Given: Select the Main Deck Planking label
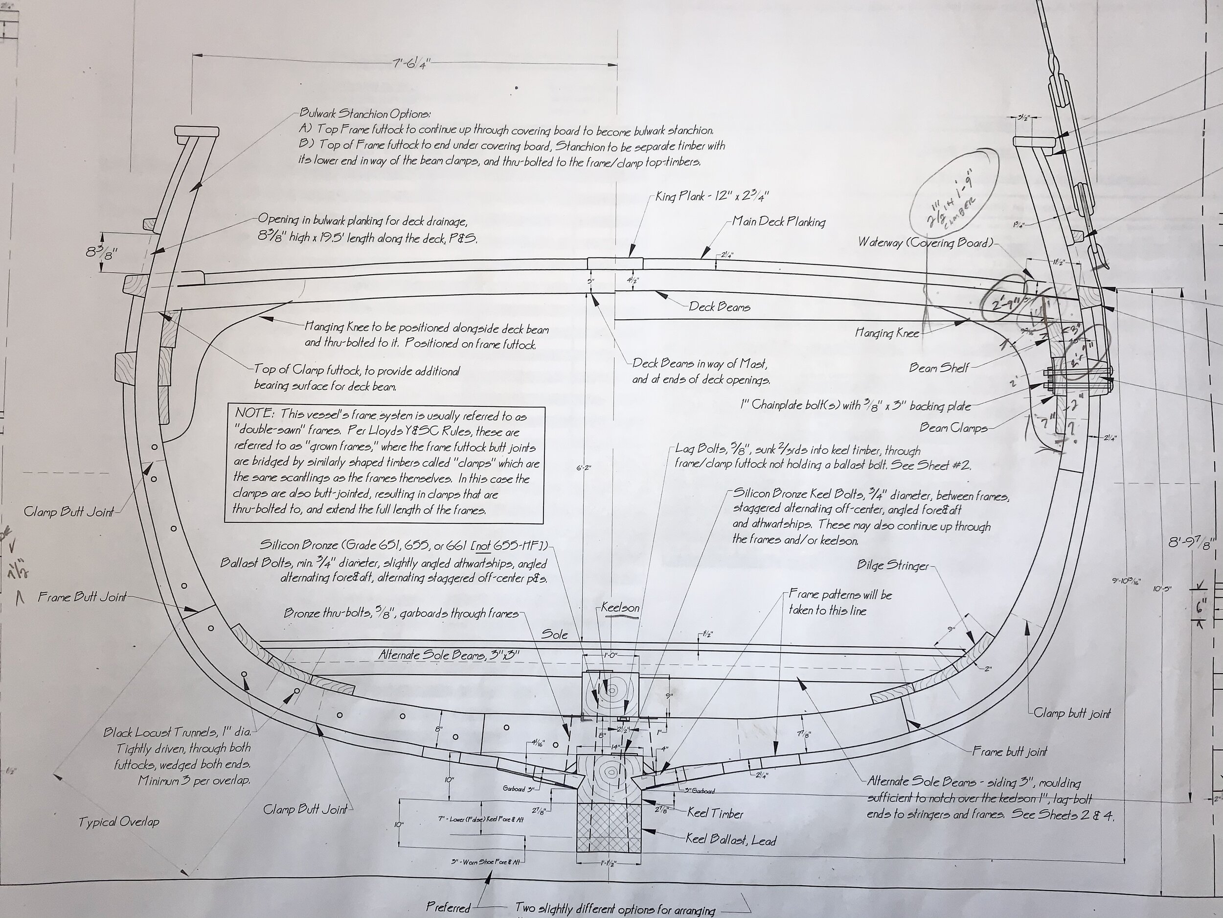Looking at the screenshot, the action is pyautogui.click(x=778, y=222).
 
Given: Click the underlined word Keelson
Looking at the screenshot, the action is pyautogui.click(x=620, y=608).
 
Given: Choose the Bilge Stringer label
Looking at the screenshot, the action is pyautogui.click(x=892, y=565).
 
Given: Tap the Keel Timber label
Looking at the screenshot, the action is pyautogui.click(x=715, y=813).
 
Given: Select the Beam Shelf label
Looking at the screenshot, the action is pyautogui.click(x=938, y=367).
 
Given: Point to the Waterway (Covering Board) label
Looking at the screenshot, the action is pyautogui.click(x=925, y=242).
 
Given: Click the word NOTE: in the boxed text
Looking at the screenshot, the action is pyautogui.click(x=255, y=414).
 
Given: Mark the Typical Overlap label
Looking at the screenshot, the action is pyautogui.click(x=119, y=822).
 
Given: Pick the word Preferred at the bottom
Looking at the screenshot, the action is pyautogui.click(x=448, y=907).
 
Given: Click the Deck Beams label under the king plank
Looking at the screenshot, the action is pyautogui.click(x=719, y=306).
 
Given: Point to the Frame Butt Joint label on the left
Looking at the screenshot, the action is pyautogui.click(x=82, y=596).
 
